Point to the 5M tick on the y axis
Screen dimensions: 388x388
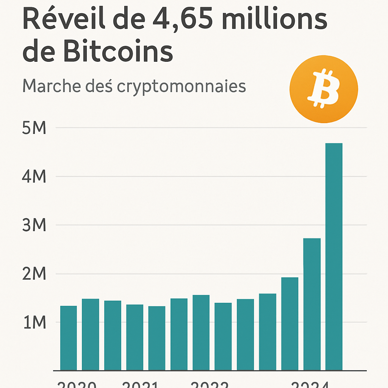click(34, 128)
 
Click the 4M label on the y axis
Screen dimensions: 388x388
click(34, 177)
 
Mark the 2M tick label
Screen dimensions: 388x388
click(34, 274)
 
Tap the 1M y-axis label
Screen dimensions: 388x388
click(34, 322)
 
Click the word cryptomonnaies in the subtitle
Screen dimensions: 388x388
click(181, 87)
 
